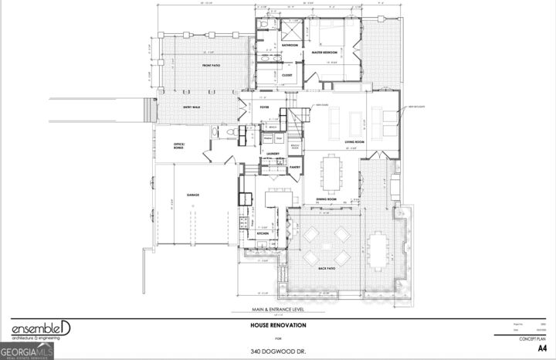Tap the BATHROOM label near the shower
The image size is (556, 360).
[x=290, y=46]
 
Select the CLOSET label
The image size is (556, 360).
[x=286, y=75]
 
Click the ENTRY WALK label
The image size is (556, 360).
[x=191, y=107]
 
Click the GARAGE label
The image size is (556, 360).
[x=192, y=195]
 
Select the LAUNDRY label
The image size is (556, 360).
[x=273, y=154]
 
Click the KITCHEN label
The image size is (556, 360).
[x=262, y=233]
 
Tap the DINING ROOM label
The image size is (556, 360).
[x=327, y=199]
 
